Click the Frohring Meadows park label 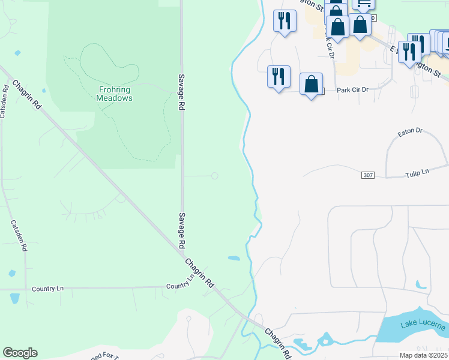pyautogui.click(x=115, y=94)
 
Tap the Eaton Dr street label pyautogui.click(x=411, y=130)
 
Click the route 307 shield pyautogui.click(x=369, y=175)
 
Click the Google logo pyautogui.click(x=20, y=353)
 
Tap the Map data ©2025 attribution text pyautogui.click(x=424, y=355)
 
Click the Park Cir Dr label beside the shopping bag pyautogui.click(x=352, y=90)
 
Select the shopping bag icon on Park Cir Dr pyautogui.click(x=311, y=85)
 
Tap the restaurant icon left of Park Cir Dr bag pyautogui.click(x=278, y=77)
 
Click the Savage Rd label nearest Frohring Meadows pyautogui.click(x=181, y=92)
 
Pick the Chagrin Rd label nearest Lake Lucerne pyautogui.click(x=278, y=343)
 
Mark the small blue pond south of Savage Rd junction pyautogui.click(x=234, y=259)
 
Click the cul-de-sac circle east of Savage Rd pyautogui.click(x=214, y=176)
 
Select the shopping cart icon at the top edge pyautogui.click(x=363, y=3)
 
